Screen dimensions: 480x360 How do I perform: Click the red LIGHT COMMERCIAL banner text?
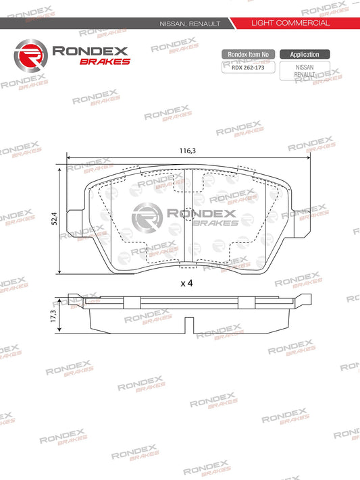tap(290, 23)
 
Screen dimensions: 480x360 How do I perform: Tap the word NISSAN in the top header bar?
tap(172, 24)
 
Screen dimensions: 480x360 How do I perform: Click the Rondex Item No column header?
tap(249, 54)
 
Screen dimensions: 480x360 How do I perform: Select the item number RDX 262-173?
tap(249, 67)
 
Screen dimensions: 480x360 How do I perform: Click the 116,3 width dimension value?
tap(189, 151)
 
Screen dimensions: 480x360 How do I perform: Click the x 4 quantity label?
tap(187, 284)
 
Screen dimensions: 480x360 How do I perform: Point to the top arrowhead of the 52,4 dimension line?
tap(61, 169)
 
